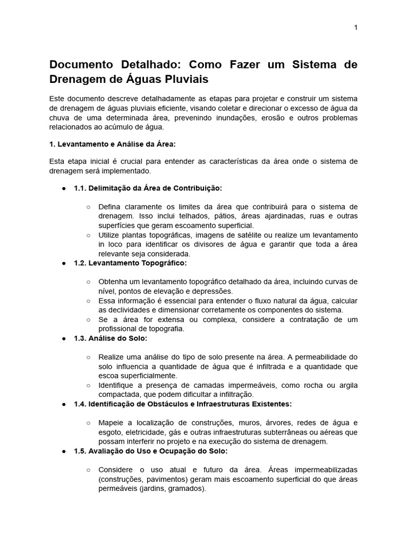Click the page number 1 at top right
pyautogui.click(x=355, y=28)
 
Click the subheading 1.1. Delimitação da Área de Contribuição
pyautogui.click(x=148, y=188)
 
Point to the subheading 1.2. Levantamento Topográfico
pyautogui.click(x=130, y=263)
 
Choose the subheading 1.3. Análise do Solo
pyautogui.click(x=110, y=338)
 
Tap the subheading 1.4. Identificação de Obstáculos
pyautogui.click(x=183, y=404)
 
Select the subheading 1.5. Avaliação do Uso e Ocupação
pyautogui.click(x=150, y=451)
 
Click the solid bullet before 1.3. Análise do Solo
pyautogui.click(x=64, y=338)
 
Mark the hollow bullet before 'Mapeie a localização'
pyautogui.click(x=88, y=423)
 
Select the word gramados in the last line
pyautogui.click(x=187, y=489)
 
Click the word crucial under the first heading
pyautogui.click(x=138, y=161)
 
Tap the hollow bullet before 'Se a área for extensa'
pyautogui.click(x=88, y=319)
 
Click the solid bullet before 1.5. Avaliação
pyautogui.click(x=64, y=451)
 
